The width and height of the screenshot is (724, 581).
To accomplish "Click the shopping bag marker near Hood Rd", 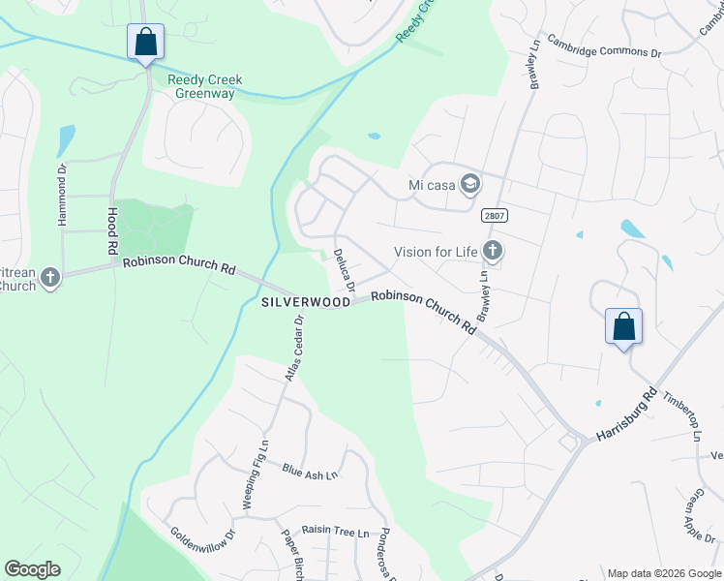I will click(x=145, y=43).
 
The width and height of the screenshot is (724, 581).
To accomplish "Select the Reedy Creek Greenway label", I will click(x=204, y=86).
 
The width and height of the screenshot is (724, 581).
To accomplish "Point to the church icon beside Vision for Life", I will click(x=493, y=252).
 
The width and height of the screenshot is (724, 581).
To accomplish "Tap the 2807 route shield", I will click(x=492, y=216).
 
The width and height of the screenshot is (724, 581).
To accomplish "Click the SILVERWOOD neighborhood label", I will click(x=305, y=302).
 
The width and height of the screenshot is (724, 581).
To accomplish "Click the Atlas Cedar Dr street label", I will click(x=293, y=348).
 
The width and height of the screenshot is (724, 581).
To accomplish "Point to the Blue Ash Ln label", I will click(x=310, y=472).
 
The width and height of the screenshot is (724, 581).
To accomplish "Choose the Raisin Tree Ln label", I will click(x=336, y=533).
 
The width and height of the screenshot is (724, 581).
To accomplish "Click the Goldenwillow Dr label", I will click(x=203, y=545).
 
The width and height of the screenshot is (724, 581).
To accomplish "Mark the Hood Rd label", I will click(x=111, y=231).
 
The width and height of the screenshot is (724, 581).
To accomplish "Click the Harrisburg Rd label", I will click(x=626, y=415).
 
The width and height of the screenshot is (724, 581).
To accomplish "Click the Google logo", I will click(x=33, y=569).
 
